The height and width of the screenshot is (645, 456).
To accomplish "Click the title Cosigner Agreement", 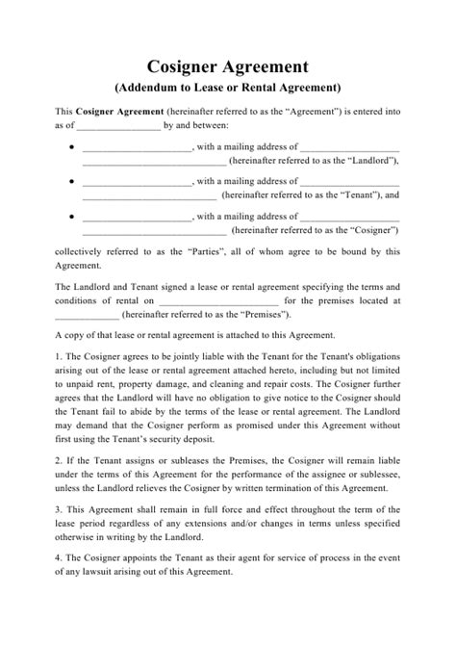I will [x=227, y=66].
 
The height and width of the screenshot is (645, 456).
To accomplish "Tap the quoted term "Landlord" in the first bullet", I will [x=373, y=161].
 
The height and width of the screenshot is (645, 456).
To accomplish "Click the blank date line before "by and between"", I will [x=118, y=126].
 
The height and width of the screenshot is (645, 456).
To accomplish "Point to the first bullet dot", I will [x=74, y=147].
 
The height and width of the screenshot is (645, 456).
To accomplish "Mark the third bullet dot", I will [x=74, y=217].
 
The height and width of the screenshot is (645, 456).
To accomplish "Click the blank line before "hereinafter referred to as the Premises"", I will [x=87, y=314].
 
